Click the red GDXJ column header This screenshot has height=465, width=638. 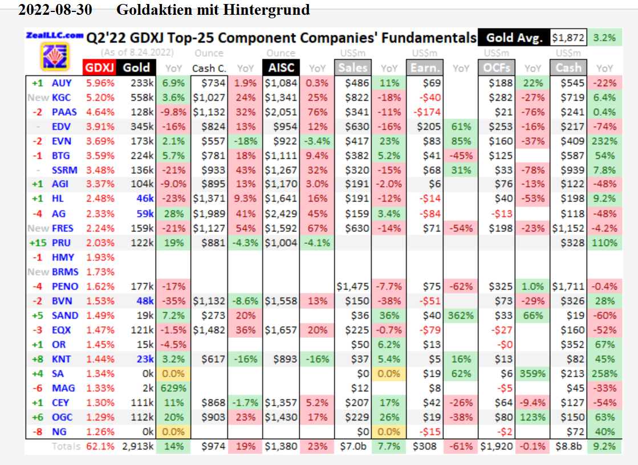[x=100, y=68]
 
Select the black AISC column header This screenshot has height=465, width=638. [x=281, y=68]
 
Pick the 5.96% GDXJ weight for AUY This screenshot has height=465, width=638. [x=100, y=83]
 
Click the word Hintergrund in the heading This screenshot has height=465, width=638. [x=270, y=10]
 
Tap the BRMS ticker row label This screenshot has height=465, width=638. [x=65, y=272]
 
